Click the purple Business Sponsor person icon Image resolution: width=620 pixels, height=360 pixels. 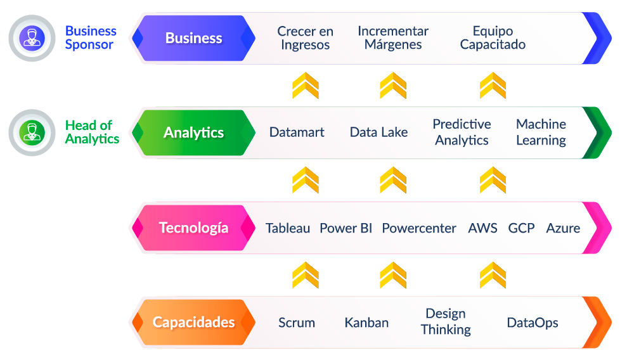click(x=32, y=38)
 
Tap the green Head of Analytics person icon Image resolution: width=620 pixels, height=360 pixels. click(x=32, y=132)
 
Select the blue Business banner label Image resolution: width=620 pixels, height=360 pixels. click(x=194, y=38)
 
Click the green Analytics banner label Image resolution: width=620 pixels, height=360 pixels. click(x=194, y=132)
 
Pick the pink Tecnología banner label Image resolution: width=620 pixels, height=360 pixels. click(x=194, y=228)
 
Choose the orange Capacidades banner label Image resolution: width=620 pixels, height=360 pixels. click(x=194, y=323)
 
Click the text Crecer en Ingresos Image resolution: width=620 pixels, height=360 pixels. click(x=306, y=38)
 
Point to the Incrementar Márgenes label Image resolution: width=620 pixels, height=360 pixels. click(x=393, y=38)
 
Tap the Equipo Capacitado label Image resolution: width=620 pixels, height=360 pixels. click(x=493, y=38)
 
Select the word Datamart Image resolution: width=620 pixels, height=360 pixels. click(x=297, y=132)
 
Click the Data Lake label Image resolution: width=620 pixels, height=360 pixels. click(x=379, y=132)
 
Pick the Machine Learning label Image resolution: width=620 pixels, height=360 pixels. click(x=541, y=132)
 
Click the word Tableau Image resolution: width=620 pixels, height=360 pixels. click(x=287, y=228)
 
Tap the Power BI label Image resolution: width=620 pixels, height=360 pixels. click(x=346, y=228)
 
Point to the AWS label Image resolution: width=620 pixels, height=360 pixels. click(x=483, y=228)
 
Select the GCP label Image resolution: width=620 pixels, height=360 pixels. click(x=521, y=228)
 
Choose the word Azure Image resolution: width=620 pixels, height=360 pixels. click(x=563, y=228)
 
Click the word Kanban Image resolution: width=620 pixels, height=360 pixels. click(x=366, y=323)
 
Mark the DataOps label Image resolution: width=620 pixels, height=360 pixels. click(x=533, y=323)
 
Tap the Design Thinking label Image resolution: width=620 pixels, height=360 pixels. click(x=446, y=322)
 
